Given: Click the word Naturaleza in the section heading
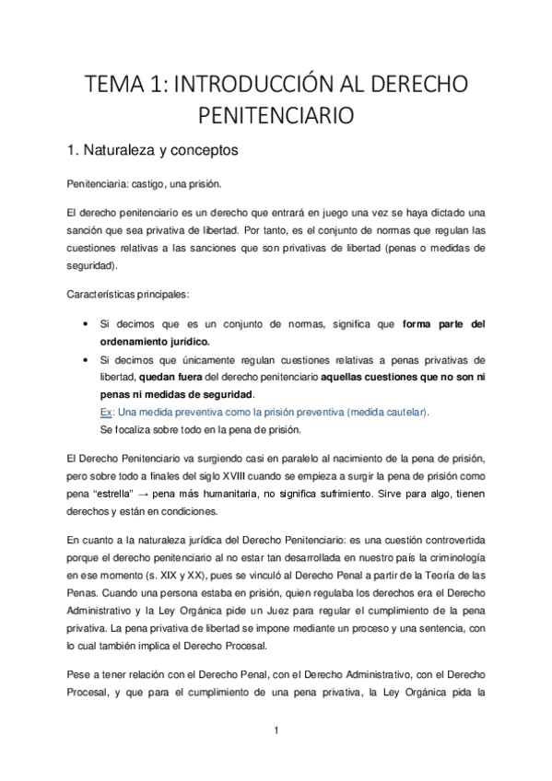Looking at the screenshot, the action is (127, 148).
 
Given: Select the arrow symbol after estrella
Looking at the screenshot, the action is (145, 493).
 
